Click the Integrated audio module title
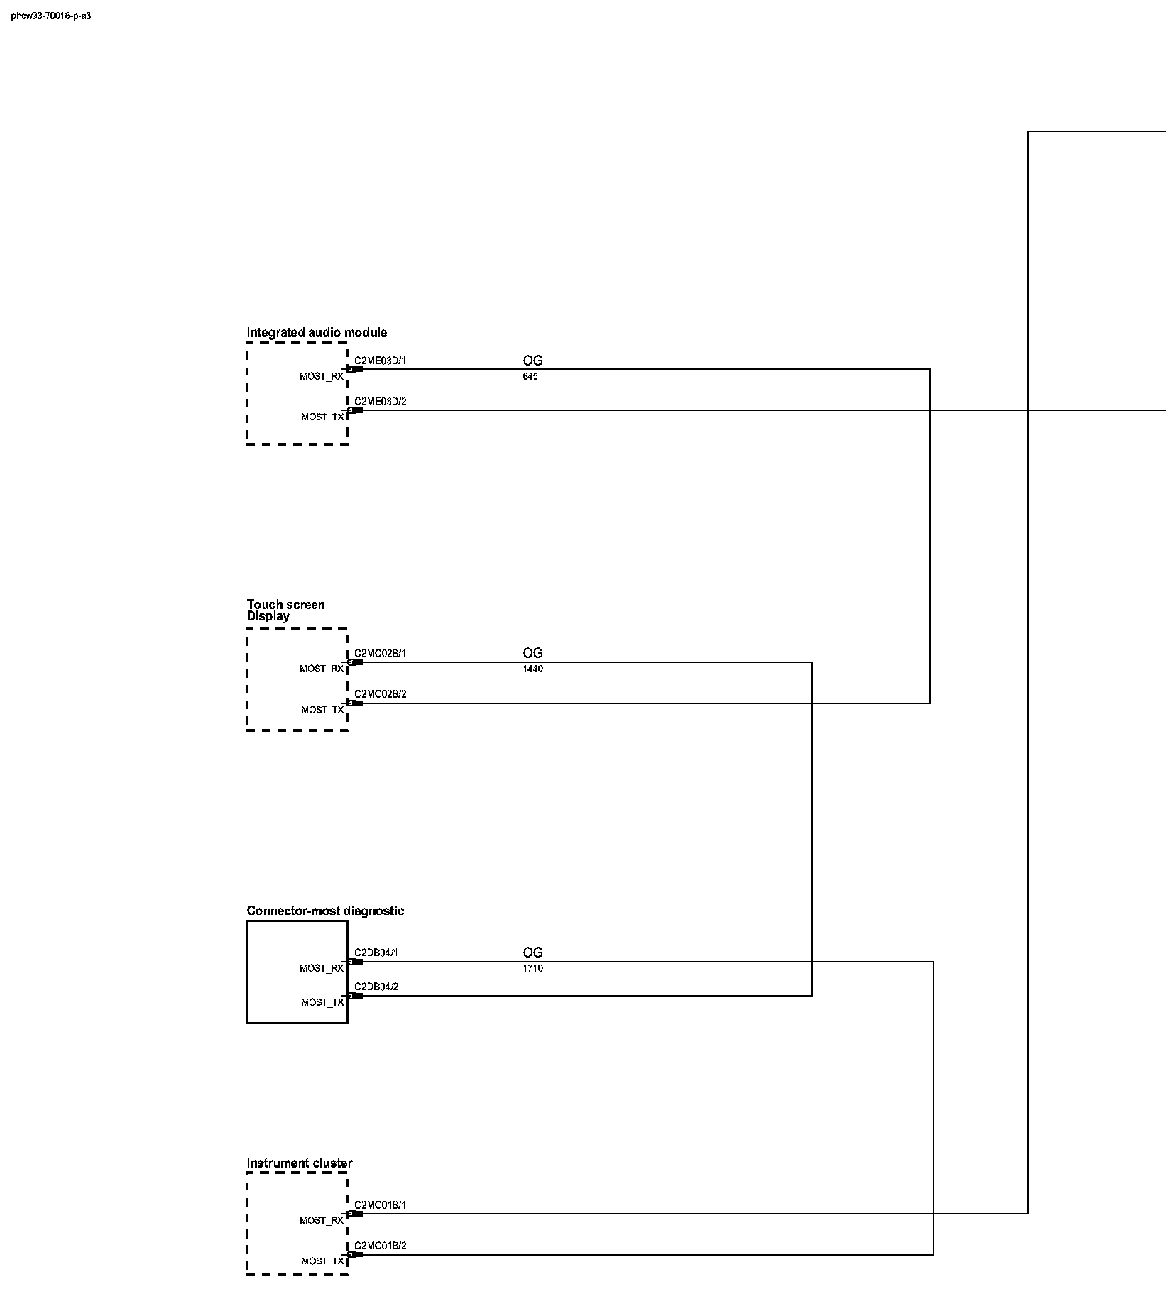tap(317, 333)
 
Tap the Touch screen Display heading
tap(285, 610)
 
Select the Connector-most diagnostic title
tap(325, 911)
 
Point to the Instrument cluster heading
tap(300, 1163)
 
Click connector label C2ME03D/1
tap(381, 361)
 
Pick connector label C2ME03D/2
tap(381, 402)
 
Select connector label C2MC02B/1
tap(381, 654)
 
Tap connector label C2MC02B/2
tap(381, 694)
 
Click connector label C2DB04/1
tap(376, 953)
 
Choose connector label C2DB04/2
tap(376, 987)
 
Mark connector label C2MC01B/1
tap(381, 1205)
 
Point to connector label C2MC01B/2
tap(381, 1246)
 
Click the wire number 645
tap(530, 377)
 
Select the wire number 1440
tap(532, 669)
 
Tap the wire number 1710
tap(532, 969)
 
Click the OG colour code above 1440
tap(532, 653)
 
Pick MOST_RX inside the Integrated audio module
tap(322, 377)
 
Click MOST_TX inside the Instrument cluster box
tap(322, 1261)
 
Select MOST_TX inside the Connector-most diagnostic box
tap(322, 1003)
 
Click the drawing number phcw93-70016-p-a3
tap(51, 16)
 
